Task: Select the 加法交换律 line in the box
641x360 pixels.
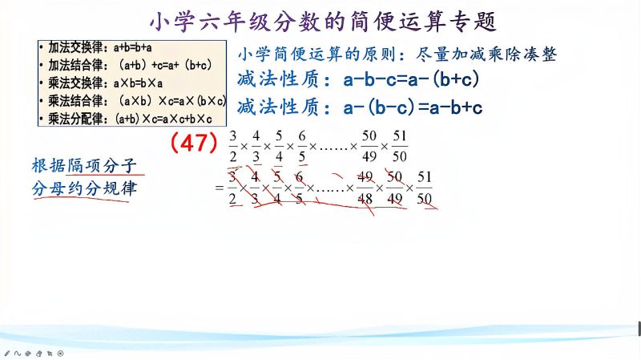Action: click(105, 47)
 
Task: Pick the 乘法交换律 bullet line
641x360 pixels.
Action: click(107, 83)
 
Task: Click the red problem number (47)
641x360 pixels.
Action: click(194, 143)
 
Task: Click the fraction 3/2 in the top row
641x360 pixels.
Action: click(233, 145)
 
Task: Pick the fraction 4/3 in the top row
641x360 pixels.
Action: click(256, 145)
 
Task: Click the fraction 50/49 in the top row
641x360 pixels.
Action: click(369, 145)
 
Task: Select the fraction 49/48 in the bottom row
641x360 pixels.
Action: click(365, 187)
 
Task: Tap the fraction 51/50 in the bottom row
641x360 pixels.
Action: click(425, 187)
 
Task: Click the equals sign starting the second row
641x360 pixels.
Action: click(217, 188)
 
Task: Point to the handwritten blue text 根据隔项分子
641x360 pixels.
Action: click(83, 166)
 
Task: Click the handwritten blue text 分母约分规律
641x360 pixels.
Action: click(83, 192)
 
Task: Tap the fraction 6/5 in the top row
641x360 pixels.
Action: click(302, 145)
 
